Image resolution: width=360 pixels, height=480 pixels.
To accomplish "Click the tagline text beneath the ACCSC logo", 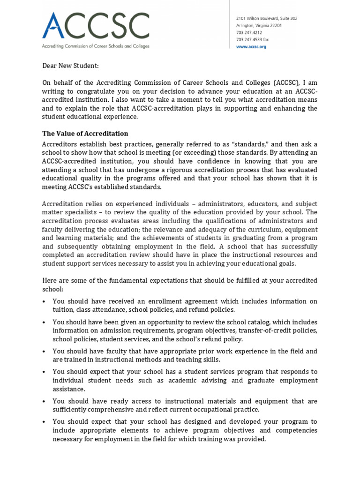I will [96, 46].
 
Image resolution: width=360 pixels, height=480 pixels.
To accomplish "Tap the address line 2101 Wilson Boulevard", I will [265, 18].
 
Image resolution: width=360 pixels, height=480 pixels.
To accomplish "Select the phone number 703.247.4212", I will [248, 33].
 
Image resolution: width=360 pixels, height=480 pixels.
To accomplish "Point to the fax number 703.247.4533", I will [252, 40].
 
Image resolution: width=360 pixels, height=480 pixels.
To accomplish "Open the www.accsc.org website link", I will [251, 47].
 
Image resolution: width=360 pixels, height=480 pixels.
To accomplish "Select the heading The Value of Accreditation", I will [85, 134].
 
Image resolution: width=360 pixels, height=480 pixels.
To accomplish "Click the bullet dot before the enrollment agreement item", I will [44, 301].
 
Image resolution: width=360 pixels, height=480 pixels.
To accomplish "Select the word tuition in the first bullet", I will [64, 309].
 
